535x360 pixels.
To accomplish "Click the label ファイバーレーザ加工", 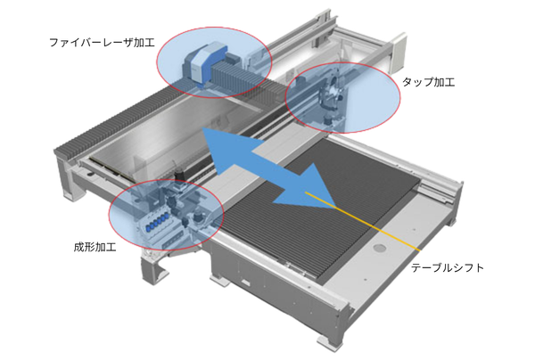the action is pyautogui.click(x=102, y=43).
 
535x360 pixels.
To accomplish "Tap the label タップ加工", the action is pyautogui.click(x=429, y=82).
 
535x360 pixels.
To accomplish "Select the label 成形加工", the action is pyautogui.click(x=95, y=247).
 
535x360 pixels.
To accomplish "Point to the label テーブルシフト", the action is pyautogui.click(x=448, y=267).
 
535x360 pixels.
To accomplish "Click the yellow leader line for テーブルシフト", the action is pyautogui.click(x=363, y=221).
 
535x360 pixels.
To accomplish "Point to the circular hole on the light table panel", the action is pyautogui.click(x=380, y=248).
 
